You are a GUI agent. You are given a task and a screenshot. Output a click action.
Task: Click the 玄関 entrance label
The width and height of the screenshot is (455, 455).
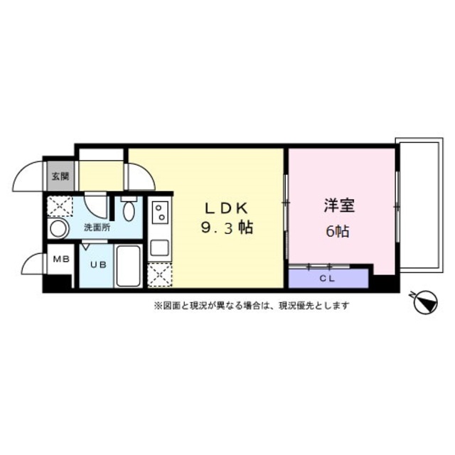[60, 176]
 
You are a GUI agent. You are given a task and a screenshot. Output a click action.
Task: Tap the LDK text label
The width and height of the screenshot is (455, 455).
[227, 208]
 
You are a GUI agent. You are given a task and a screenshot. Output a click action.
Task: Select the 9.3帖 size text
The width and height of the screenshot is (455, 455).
[227, 228]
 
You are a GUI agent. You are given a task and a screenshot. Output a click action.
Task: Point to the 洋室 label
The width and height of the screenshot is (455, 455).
[339, 205]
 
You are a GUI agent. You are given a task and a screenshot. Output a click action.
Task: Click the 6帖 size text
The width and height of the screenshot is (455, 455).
[338, 231]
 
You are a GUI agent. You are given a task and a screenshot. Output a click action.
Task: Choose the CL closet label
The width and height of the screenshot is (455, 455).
[327, 279]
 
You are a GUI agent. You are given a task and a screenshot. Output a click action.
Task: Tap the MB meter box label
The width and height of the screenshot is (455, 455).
[61, 259]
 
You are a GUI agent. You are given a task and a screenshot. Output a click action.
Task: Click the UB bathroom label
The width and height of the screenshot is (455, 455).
[98, 264]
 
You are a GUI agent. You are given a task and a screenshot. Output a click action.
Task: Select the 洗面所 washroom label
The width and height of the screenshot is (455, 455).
[97, 227]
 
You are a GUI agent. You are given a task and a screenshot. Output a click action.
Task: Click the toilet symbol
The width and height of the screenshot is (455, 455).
[129, 208]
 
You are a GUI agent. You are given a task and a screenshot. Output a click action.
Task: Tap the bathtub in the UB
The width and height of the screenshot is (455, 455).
[128, 266]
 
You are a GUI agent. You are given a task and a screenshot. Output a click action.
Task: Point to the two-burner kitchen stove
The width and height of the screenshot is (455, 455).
[160, 212]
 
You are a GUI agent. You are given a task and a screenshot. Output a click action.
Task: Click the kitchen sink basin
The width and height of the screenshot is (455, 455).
[159, 248]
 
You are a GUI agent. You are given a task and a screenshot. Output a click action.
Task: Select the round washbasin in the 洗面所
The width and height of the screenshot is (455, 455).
[58, 228]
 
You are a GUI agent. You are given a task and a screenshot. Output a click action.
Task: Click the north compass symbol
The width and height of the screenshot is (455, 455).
[425, 302]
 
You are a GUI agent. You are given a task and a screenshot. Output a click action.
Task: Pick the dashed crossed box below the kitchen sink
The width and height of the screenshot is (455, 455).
[160, 275]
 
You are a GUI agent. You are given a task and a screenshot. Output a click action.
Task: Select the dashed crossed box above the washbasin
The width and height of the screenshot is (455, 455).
[60, 206]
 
